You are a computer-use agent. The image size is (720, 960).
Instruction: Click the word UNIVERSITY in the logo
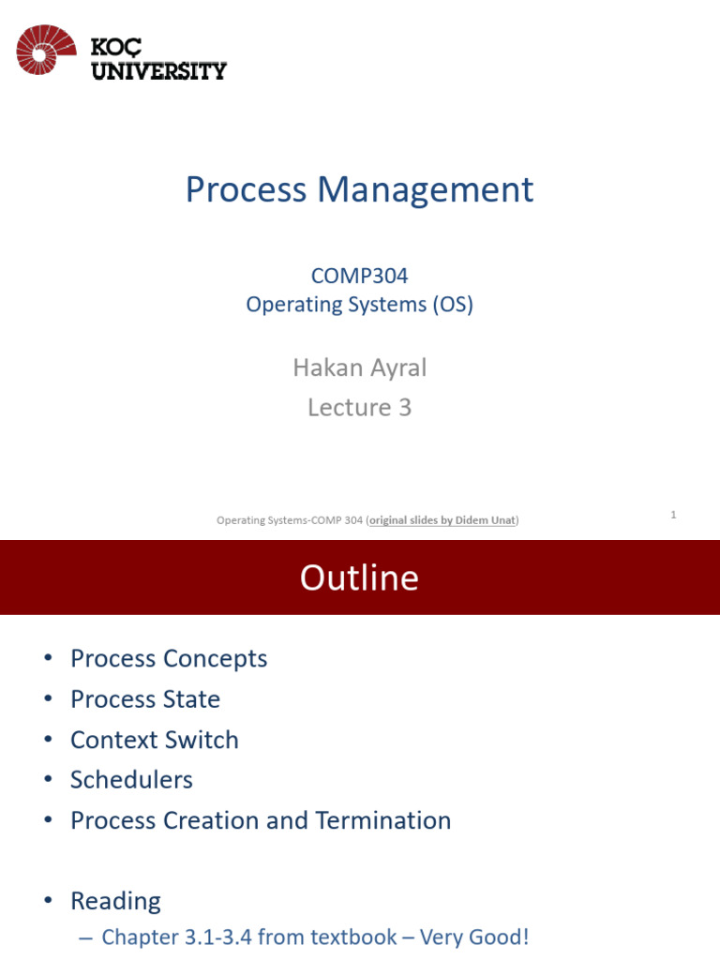click(158, 70)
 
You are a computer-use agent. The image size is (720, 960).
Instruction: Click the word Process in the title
click(246, 189)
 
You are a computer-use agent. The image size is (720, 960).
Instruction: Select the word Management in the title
click(425, 189)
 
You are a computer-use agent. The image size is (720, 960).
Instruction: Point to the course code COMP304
click(360, 276)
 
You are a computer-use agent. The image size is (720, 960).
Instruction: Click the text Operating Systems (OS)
click(360, 305)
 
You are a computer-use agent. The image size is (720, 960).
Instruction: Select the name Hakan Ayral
click(360, 367)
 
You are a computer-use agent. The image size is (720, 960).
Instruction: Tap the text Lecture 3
click(360, 407)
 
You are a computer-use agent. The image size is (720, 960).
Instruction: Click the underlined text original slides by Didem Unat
click(442, 520)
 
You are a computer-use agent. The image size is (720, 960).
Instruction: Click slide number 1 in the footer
click(673, 514)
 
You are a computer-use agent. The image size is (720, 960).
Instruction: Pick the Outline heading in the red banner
click(359, 577)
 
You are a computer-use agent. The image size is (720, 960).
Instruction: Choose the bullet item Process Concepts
click(169, 658)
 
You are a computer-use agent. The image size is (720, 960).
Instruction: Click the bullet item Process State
click(145, 699)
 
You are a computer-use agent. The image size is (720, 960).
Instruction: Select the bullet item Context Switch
click(155, 740)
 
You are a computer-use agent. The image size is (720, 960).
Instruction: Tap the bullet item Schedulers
click(131, 780)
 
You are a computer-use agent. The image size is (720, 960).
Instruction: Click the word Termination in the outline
click(383, 820)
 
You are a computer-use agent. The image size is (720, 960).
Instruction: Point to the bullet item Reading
click(115, 901)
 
